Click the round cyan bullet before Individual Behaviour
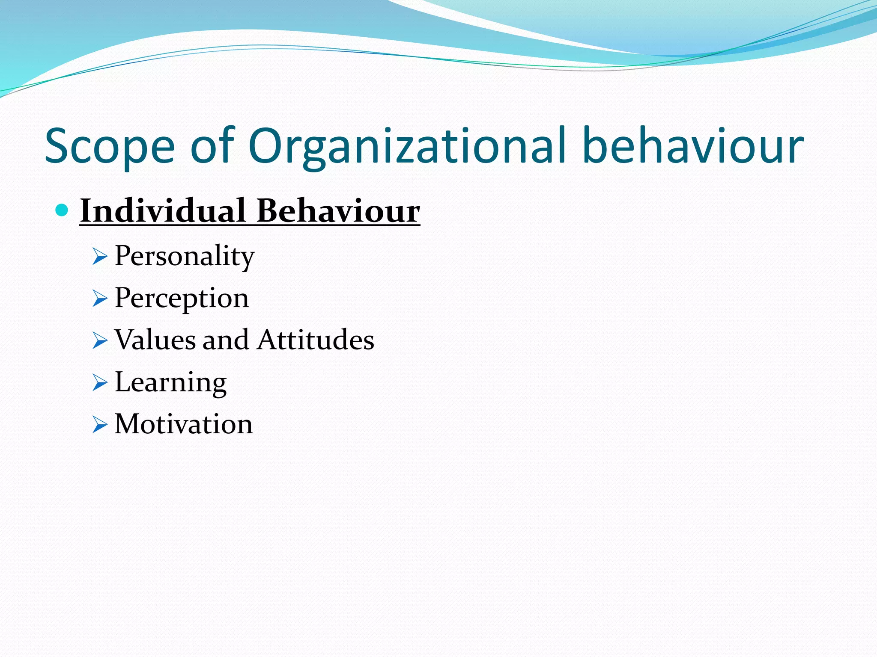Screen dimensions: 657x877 tap(63, 210)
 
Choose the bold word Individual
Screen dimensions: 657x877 tap(163, 210)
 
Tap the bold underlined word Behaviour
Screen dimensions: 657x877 tap(338, 210)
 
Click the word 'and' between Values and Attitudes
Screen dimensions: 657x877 tap(225, 340)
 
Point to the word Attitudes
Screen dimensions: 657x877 tap(316, 340)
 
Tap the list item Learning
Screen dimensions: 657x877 tap(170, 382)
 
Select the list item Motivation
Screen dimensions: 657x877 tap(184, 424)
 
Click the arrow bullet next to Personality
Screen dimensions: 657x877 tap(99, 257)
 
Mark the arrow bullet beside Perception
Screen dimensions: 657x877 tap(99, 299)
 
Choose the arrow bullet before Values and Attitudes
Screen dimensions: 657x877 tap(99, 341)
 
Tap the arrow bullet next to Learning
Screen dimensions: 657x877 tap(99, 383)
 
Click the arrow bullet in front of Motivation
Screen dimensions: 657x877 tap(99, 425)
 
